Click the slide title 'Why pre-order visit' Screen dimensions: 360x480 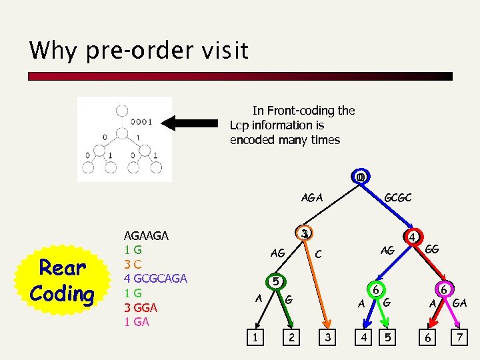[139, 51]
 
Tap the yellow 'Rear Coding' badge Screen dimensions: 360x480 [62, 281]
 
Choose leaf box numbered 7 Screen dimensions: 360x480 [459, 339]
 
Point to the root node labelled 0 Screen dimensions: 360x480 [360, 178]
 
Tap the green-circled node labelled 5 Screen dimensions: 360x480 [275, 281]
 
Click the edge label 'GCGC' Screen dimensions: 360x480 [398, 198]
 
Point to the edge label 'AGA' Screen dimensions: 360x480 [312, 198]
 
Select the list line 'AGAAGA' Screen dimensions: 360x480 [146, 235]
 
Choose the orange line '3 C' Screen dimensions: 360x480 [133, 264]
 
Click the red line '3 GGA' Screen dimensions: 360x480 [141, 307]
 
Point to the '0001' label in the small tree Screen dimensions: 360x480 [142, 122]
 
